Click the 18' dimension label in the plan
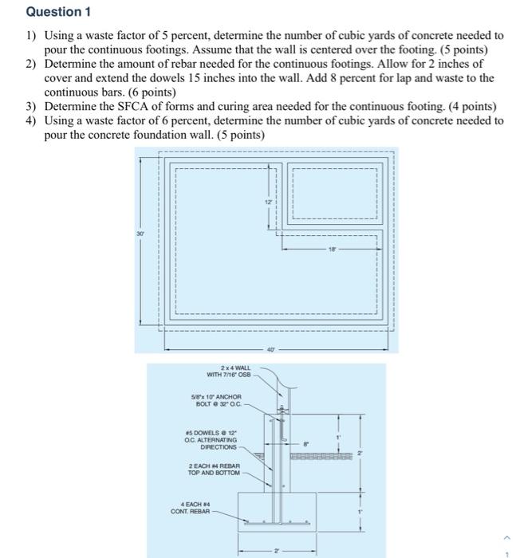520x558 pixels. pos(333,250)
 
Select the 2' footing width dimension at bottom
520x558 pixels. pos(277,550)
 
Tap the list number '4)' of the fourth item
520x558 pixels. pos(31,120)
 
